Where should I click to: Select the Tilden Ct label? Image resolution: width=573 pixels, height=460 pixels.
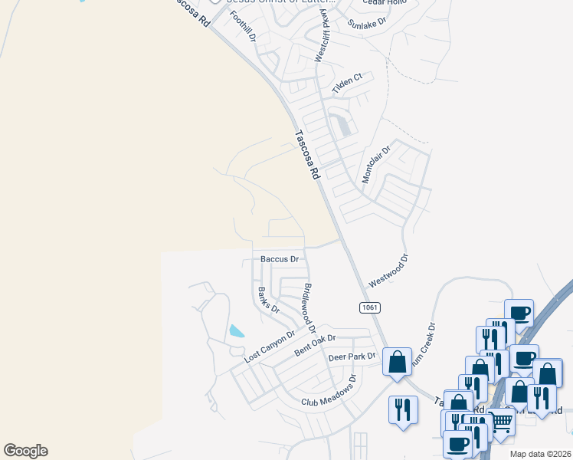point(346,84)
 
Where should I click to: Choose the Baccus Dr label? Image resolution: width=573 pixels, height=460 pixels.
point(279,260)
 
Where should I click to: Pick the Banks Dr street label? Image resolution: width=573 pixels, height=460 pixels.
point(268,300)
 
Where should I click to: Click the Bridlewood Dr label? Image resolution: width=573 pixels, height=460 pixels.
point(310,306)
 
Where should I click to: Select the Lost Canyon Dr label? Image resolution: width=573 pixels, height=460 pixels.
point(270,347)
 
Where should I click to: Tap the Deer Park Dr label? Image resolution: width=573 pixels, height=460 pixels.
point(352,356)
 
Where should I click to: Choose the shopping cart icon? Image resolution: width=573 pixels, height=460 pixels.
point(501,421)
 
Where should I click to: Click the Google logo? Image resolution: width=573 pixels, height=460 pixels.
point(25,451)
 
